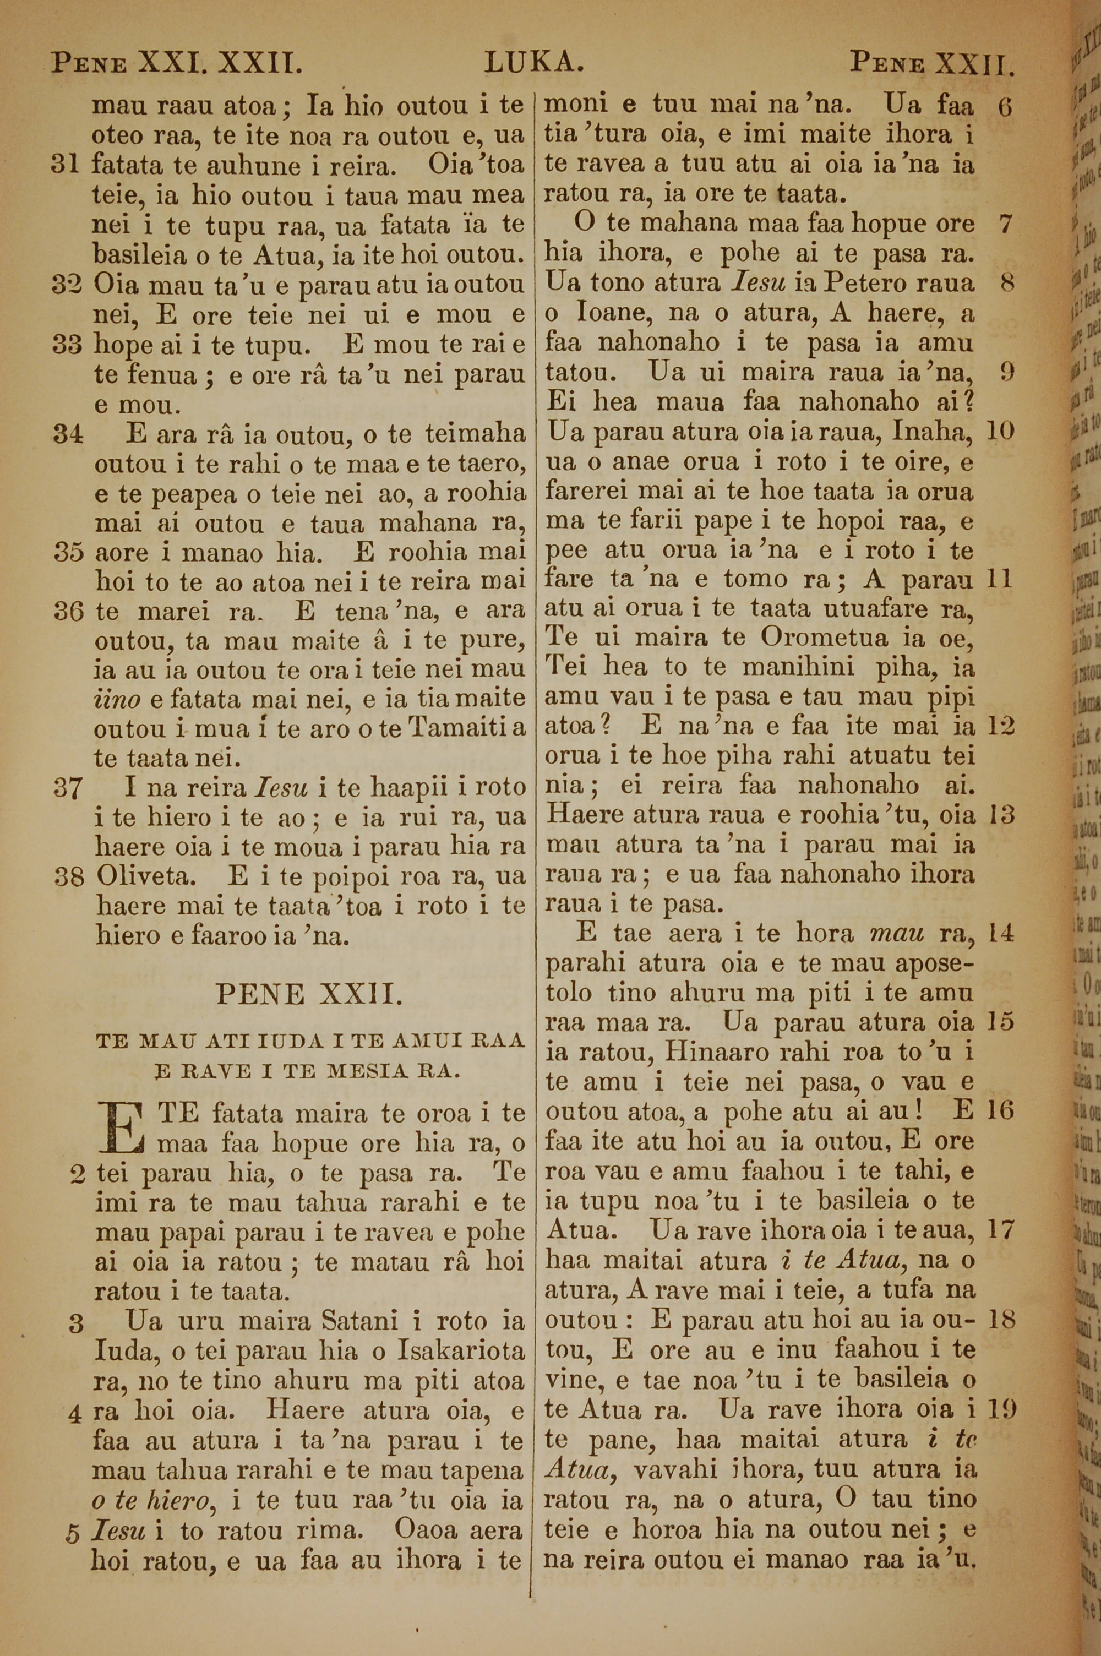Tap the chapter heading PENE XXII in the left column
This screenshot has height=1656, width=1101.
[x=309, y=994]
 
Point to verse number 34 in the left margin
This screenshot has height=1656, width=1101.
[x=68, y=434]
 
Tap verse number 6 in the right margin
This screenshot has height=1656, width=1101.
[x=1005, y=107]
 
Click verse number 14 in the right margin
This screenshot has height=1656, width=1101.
[x=1001, y=934]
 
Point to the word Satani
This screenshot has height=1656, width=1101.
[x=362, y=1302]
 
